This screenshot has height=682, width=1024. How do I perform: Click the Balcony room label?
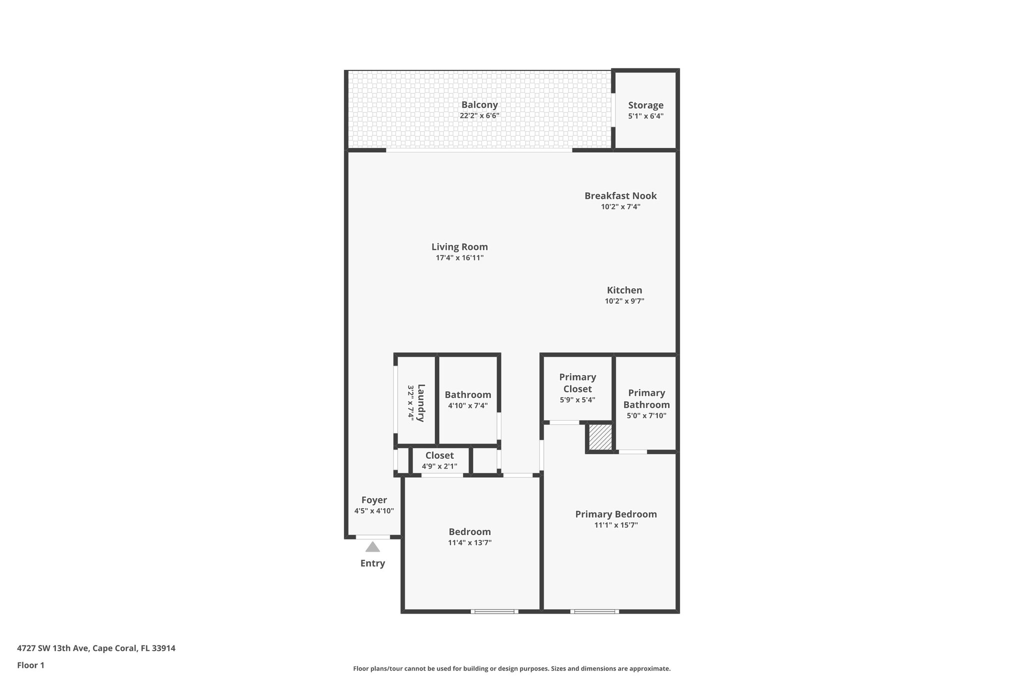[x=479, y=105]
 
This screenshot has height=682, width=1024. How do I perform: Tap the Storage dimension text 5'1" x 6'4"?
[x=645, y=116]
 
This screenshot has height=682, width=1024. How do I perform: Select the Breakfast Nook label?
[x=620, y=196]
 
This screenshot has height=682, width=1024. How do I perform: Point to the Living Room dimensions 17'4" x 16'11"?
[x=459, y=258]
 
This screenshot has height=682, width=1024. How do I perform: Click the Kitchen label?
[x=624, y=290]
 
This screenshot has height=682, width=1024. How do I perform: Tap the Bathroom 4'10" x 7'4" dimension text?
[x=467, y=406]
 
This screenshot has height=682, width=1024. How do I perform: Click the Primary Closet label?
[x=577, y=383]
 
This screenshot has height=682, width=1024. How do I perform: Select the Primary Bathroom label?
[x=646, y=399]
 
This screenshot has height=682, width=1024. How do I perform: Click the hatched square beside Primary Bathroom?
[x=600, y=437]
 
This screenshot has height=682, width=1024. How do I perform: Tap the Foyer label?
[x=374, y=500]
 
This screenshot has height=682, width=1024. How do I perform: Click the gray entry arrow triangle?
[x=372, y=547]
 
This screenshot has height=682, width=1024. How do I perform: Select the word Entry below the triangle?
[x=372, y=564]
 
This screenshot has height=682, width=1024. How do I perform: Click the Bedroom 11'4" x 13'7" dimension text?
[x=469, y=543]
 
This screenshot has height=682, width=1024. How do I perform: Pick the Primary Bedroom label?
[x=615, y=514]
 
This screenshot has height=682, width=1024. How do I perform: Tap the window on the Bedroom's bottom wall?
[x=494, y=611]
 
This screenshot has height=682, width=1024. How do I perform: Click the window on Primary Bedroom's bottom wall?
[x=594, y=611]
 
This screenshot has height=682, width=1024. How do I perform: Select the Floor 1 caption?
[x=30, y=666]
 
